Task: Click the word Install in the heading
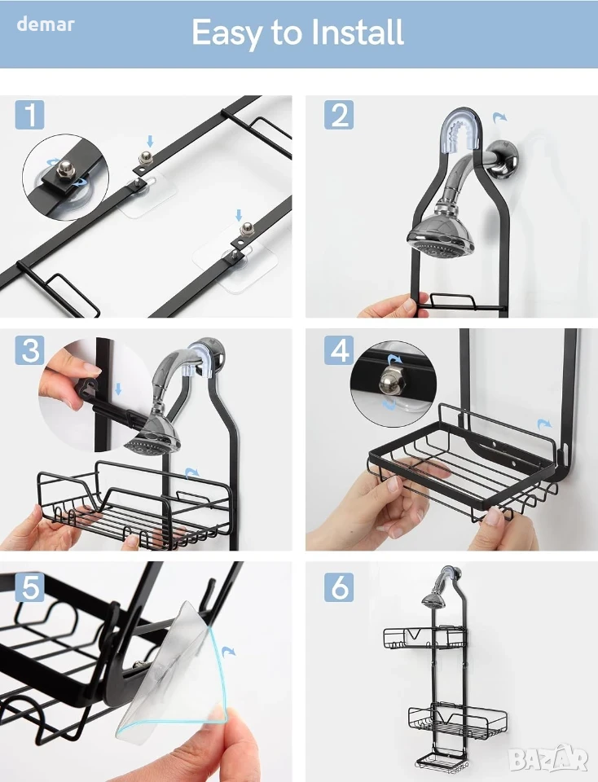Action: (x=357, y=33)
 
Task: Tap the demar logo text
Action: (x=46, y=24)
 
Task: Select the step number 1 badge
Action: (x=29, y=114)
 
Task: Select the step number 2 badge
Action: (x=339, y=114)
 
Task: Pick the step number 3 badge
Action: (x=29, y=349)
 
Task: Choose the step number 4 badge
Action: (x=339, y=349)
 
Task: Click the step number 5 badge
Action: (x=29, y=587)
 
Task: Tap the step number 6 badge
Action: (x=339, y=587)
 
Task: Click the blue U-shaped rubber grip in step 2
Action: (x=462, y=130)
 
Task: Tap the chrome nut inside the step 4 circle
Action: (x=389, y=383)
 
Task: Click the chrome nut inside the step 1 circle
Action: (x=64, y=169)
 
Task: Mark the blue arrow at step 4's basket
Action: (x=544, y=425)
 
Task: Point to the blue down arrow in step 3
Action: (x=118, y=389)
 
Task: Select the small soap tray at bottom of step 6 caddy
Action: (x=441, y=762)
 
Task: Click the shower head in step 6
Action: (x=432, y=600)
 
